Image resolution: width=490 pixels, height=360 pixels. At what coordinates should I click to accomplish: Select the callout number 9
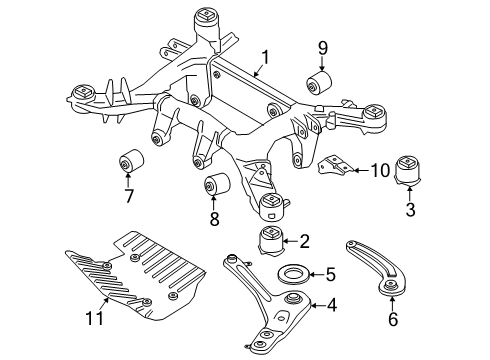click(x=323, y=48)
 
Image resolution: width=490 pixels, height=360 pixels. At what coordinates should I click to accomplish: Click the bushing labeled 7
click(x=130, y=160)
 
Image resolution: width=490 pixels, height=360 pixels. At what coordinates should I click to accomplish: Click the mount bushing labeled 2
click(x=271, y=242)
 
